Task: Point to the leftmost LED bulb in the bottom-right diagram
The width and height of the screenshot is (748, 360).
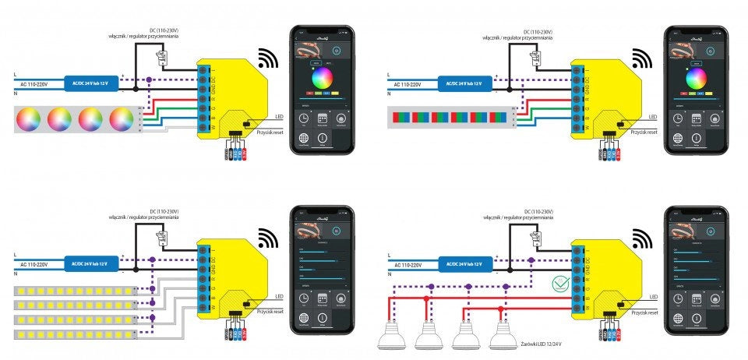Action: coord(393,337)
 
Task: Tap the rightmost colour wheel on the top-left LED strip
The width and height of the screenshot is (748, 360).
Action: coord(122,119)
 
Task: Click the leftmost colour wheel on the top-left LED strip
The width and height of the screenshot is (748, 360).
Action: coord(28,119)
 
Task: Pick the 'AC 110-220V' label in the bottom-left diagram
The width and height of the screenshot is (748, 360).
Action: coord(34,266)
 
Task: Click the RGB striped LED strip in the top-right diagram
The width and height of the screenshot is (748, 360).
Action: coord(450,118)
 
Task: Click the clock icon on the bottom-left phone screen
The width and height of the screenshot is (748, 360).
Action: coord(302,298)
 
